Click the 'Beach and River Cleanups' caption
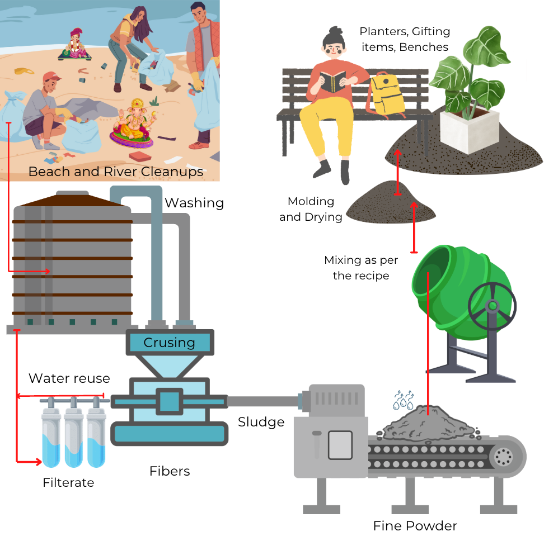116,171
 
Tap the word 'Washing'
194,202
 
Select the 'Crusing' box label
169,343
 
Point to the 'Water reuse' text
69,378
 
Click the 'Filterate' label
68,482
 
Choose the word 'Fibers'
170,471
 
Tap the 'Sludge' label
261,422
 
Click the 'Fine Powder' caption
415,526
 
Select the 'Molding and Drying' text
311,209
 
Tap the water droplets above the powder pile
402,399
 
